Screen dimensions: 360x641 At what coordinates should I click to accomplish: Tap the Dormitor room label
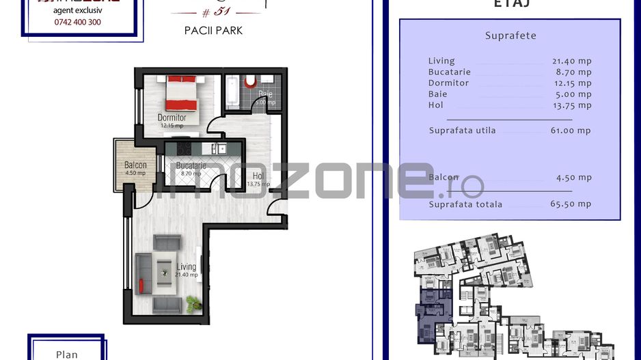tap(172, 118)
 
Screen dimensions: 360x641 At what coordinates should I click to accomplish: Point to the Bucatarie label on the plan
tap(191, 166)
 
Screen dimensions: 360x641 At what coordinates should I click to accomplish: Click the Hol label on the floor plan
tap(257, 176)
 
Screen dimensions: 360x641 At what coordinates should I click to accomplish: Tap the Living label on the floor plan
tap(186, 267)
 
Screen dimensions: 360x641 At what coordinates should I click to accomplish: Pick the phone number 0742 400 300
tap(77, 22)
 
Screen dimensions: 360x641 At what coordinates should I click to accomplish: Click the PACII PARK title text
tap(213, 31)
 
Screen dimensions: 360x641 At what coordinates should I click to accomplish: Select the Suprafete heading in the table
tap(510, 36)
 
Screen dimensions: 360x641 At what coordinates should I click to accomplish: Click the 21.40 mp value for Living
tap(572, 61)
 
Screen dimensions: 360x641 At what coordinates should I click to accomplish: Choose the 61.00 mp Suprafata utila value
tap(572, 130)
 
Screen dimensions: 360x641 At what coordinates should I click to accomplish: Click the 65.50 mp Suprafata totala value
tap(572, 204)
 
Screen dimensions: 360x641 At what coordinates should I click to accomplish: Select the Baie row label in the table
tap(437, 94)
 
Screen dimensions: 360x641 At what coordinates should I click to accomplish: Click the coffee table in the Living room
tap(164, 273)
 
